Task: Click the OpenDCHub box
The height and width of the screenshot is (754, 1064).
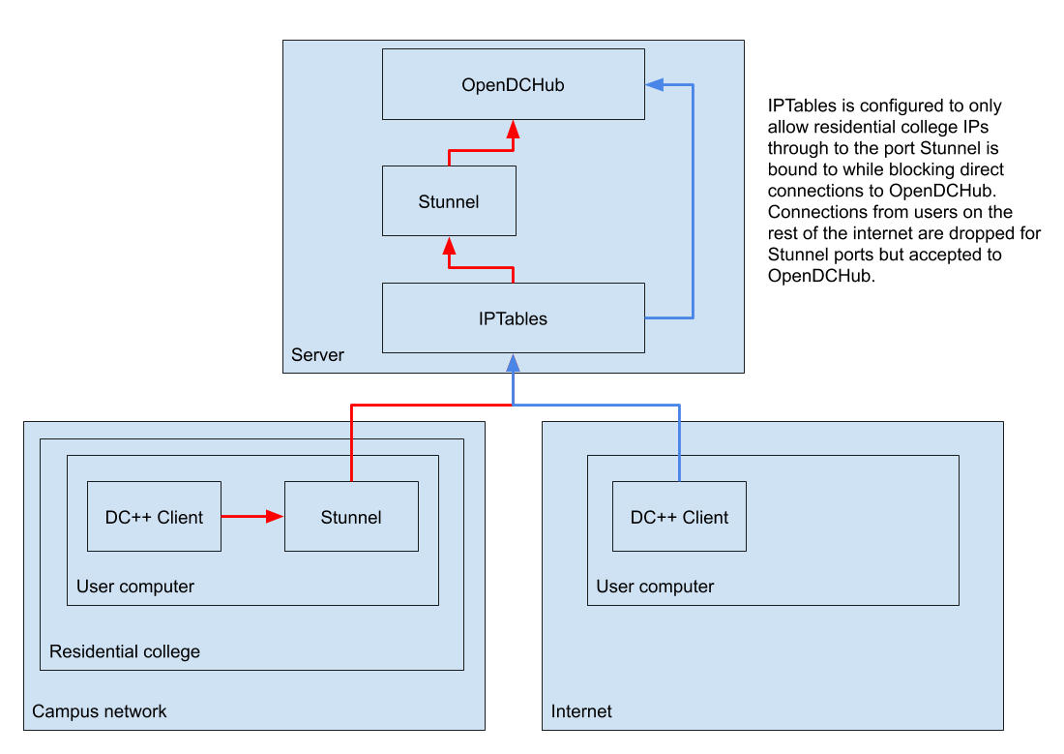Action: [513, 85]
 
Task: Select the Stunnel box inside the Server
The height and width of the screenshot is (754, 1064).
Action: [449, 201]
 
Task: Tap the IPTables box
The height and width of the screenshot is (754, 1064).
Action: [513, 318]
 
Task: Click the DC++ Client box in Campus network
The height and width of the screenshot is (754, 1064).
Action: [154, 517]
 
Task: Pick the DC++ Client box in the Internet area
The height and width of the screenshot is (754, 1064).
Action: [679, 517]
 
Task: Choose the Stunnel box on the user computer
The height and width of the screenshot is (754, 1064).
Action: [351, 517]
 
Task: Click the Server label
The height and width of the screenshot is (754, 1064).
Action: [317, 355]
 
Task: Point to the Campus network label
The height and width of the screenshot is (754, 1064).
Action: [99, 711]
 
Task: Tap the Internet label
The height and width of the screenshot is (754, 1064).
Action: [581, 711]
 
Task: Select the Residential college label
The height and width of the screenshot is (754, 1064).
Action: [125, 651]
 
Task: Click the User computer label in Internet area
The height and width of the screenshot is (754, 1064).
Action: [655, 587]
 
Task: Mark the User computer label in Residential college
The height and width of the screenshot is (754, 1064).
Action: [135, 587]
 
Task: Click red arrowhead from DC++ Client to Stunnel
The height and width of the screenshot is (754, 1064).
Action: [275, 517]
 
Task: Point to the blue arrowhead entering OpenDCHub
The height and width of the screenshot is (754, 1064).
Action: [655, 85]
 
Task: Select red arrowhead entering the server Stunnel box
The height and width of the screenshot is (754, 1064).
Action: [449, 246]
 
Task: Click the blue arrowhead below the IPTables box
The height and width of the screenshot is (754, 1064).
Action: [513, 363]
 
